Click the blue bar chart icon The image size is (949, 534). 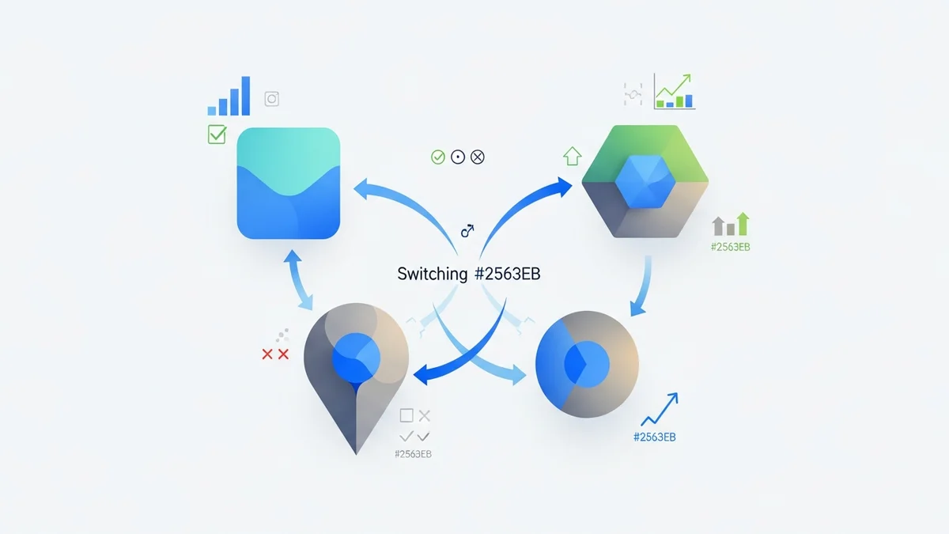point(229,97)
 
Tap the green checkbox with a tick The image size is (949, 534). point(217,134)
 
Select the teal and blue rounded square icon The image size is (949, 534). point(289,183)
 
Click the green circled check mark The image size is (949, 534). point(438,157)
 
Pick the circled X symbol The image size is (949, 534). point(477,157)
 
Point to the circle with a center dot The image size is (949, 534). point(457,157)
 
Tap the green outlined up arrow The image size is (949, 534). point(571,156)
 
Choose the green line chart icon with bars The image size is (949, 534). point(674,92)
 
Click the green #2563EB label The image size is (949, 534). point(731,247)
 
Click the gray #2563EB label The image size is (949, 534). point(412,454)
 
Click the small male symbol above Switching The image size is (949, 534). point(467,231)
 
